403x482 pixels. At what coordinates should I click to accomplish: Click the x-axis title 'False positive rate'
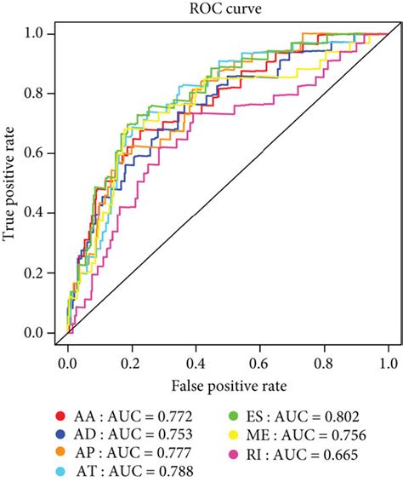(x=227, y=386)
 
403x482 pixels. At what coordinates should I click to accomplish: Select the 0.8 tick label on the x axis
(x=324, y=362)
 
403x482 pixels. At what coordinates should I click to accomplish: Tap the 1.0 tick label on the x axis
(x=389, y=362)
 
